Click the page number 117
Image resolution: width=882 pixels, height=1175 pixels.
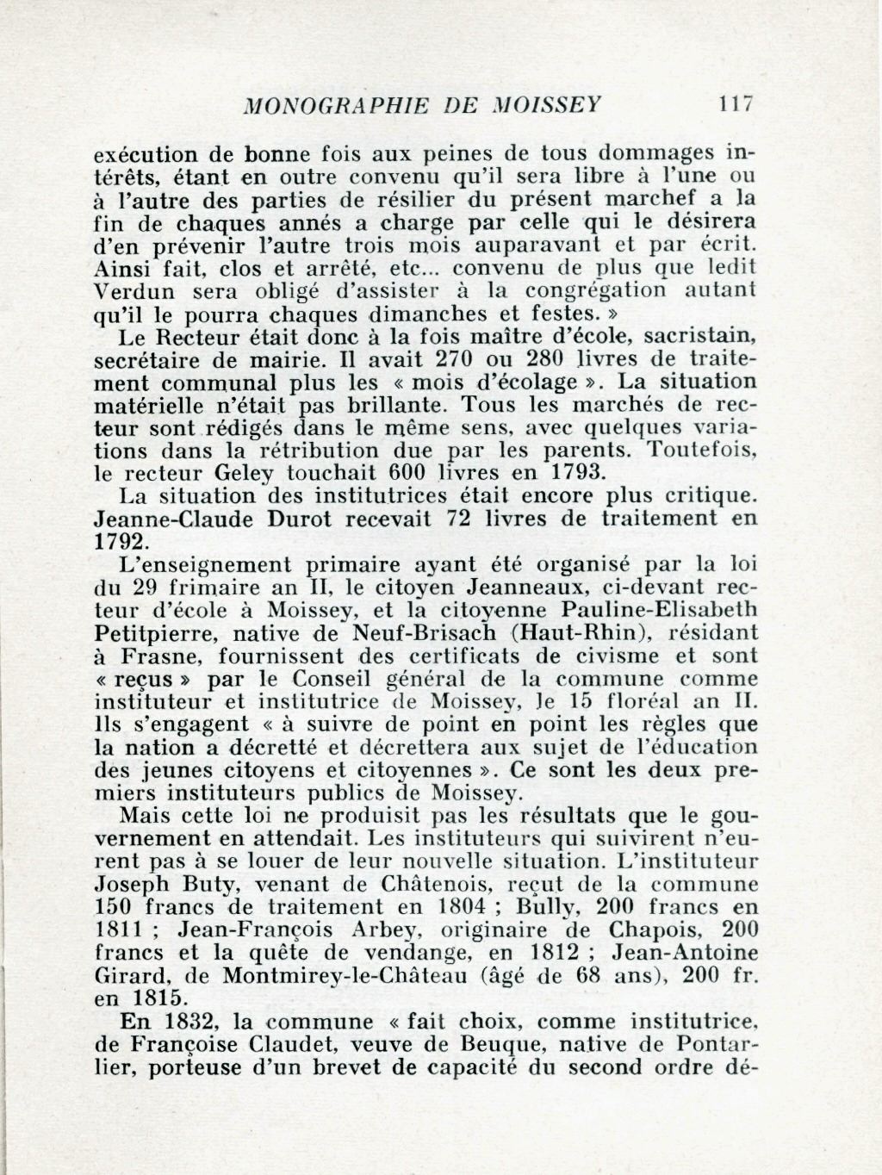(x=737, y=104)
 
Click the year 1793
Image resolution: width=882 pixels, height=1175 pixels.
(x=577, y=472)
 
